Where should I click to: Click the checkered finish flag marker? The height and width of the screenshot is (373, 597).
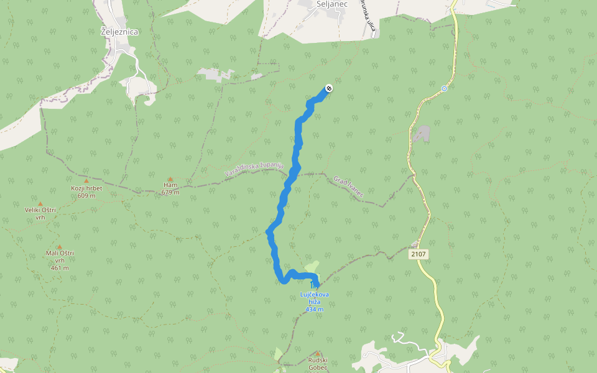pos(329,88)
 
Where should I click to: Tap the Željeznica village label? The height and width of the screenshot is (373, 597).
pos(118,32)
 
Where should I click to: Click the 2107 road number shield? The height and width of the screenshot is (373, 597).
pos(419,254)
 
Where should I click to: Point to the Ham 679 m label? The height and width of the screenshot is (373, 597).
pos(170,188)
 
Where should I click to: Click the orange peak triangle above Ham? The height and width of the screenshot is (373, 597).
pos(170,179)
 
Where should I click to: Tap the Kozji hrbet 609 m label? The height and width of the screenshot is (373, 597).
pos(86,191)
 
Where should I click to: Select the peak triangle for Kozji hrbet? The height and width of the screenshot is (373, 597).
pos(86,181)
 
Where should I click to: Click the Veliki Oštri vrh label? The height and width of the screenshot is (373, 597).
pos(40,213)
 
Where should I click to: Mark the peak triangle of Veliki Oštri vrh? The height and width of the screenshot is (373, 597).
pos(40,203)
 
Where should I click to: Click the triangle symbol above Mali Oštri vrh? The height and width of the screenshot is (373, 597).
pos(60,247)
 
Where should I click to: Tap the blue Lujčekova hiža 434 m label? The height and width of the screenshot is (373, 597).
pos(314,301)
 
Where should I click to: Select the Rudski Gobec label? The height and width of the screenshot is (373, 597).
pos(317,364)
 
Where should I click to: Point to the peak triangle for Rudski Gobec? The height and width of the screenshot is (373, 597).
pos(317,353)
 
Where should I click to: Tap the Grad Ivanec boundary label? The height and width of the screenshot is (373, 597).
pos(348,186)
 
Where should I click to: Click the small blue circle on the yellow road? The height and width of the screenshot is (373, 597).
pos(444,88)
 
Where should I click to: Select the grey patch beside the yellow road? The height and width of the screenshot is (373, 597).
pos(422,133)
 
